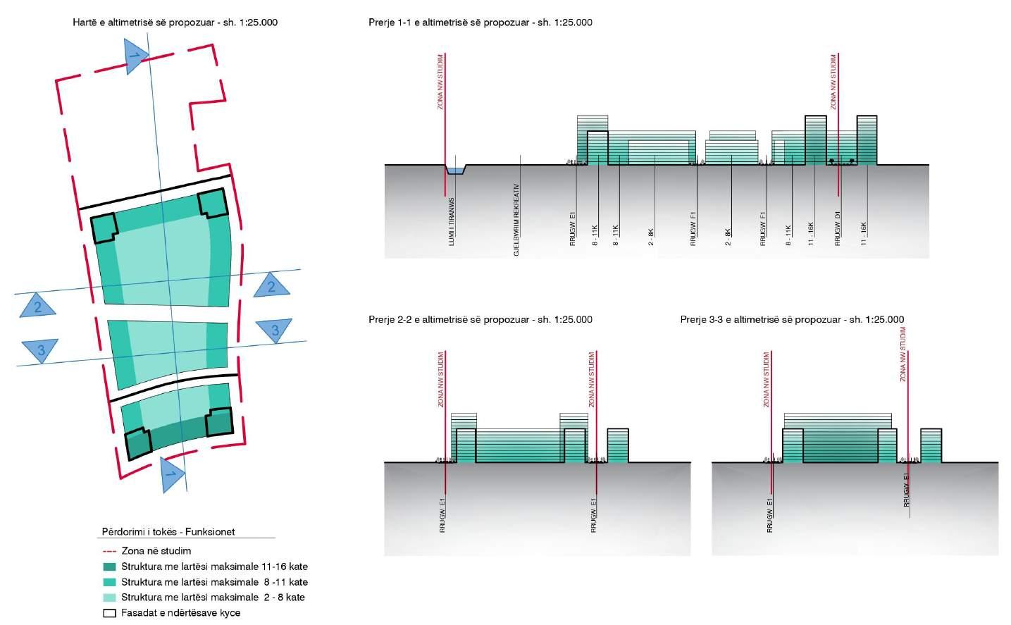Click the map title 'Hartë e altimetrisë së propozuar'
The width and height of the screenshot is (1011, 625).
tap(175, 23)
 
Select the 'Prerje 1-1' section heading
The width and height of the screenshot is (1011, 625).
tap(480, 23)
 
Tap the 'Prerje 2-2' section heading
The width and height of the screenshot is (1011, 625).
tap(480, 320)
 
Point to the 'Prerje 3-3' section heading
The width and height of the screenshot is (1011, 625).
tap(792, 320)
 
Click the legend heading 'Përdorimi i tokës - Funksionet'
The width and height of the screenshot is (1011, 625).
tap(168, 532)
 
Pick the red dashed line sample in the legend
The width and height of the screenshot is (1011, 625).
tap(109, 552)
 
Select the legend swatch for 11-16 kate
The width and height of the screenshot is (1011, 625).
tap(109, 567)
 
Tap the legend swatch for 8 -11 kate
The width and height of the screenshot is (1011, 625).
tap(109, 583)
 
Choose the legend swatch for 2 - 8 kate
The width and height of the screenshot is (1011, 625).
tap(109, 598)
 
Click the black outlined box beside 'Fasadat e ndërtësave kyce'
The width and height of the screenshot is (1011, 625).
tap(109, 613)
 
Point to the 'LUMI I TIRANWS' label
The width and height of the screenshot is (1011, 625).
tap(452, 222)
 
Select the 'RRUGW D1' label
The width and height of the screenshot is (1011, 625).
tap(838, 228)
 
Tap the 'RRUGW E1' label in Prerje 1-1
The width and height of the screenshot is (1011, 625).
tap(573, 228)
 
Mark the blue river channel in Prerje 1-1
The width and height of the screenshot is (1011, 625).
tap(455, 171)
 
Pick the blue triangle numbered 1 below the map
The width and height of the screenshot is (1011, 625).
tap(171, 475)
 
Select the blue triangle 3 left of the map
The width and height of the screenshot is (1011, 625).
tap(40, 349)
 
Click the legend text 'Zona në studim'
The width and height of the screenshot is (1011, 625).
tap(156, 552)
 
